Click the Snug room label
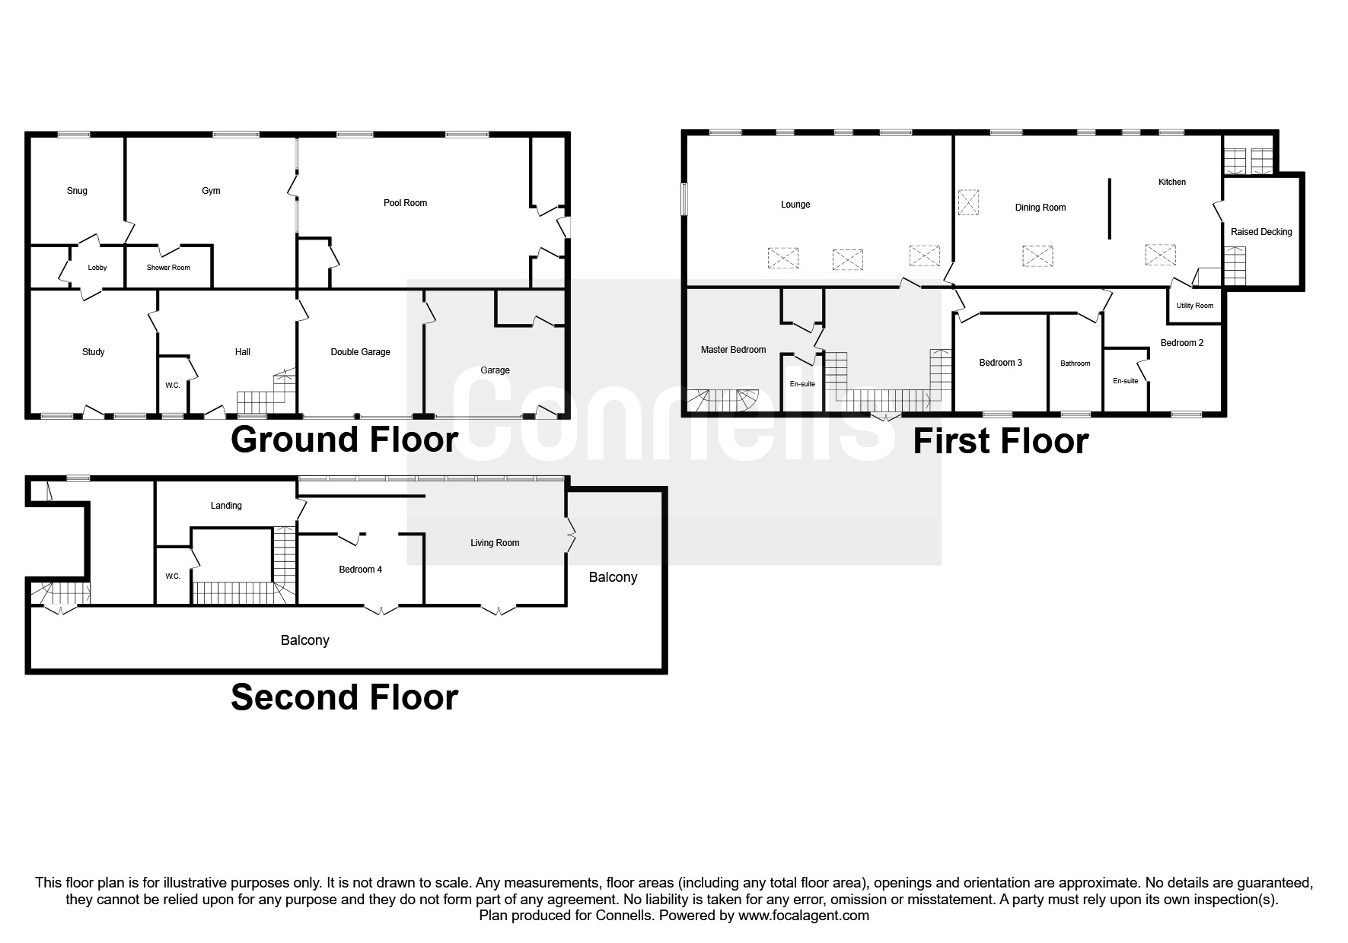(x=77, y=191)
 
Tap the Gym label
(x=211, y=191)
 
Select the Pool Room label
(x=405, y=203)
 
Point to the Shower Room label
(x=168, y=268)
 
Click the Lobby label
(x=97, y=268)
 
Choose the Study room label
(x=94, y=352)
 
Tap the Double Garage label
(x=360, y=352)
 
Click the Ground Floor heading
(x=344, y=440)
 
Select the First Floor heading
(x=1000, y=441)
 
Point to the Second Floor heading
(x=344, y=697)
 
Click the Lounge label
(x=795, y=205)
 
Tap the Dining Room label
(x=1040, y=208)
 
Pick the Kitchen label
(x=1172, y=183)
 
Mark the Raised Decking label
(x=1261, y=232)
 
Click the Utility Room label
(x=1195, y=306)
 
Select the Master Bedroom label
(x=733, y=350)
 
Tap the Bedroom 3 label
(x=1000, y=363)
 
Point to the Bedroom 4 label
(x=360, y=570)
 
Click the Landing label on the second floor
(x=226, y=506)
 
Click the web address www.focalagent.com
(x=804, y=916)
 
